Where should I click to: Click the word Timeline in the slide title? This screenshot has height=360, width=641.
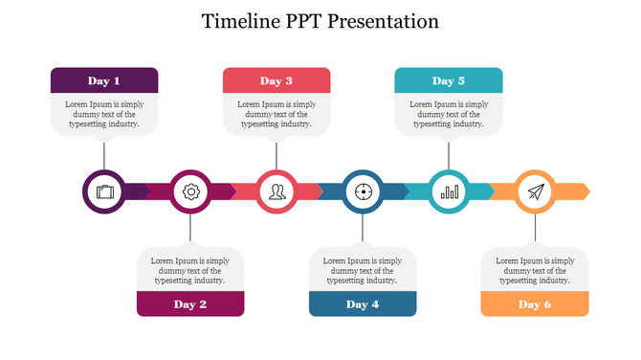(x=240, y=21)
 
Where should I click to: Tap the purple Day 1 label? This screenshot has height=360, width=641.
(x=104, y=81)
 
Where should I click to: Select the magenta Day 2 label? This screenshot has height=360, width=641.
(x=190, y=304)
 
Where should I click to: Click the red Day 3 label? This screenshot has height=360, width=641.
(x=276, y=81)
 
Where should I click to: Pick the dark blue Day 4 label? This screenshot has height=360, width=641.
(x=363, y=304)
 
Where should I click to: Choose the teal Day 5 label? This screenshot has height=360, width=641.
(x=449, y=81)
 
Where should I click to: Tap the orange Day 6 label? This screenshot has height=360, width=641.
(x=535, y=304)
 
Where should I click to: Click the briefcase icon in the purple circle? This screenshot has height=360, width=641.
(x=104, y=191)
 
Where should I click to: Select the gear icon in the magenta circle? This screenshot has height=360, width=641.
(x=190, y=191)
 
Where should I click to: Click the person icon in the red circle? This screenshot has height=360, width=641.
(x=276, y=191)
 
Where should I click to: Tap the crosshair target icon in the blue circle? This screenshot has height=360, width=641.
(x=363, y=191)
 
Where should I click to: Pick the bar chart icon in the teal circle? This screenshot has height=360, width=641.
(x=449, y=191)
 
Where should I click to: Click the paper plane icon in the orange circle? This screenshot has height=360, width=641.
(x=535, y=191)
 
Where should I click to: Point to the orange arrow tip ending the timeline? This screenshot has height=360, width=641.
(x=584, y=191)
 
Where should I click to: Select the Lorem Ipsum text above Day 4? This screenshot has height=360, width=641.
(x=363, y=270)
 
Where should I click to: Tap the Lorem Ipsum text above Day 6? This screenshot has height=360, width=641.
(x=535, y=270)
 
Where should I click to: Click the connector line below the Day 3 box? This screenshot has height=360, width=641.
(x=276, y=153)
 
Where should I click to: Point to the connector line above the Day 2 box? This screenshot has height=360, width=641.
(x=190, y=230)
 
